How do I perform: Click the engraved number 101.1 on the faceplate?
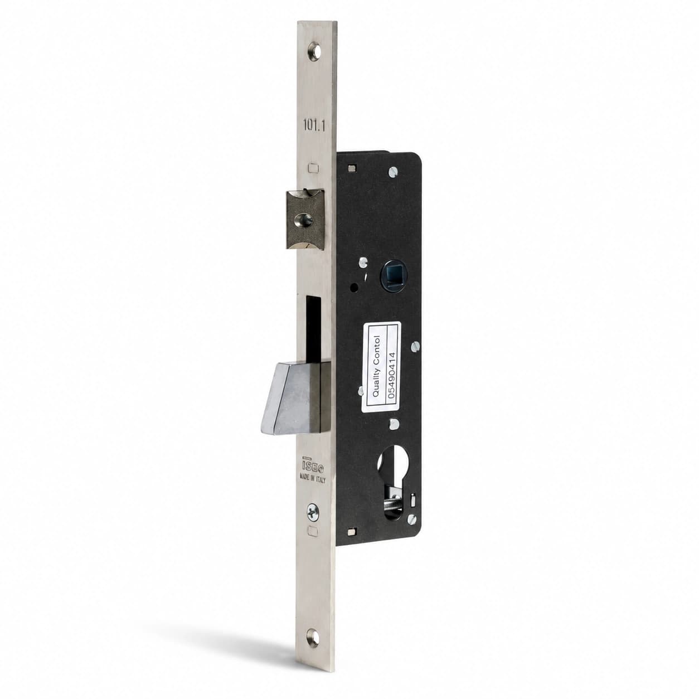point(314,125)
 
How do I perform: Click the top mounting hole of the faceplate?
point(314,51)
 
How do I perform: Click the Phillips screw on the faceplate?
point(313,512)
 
